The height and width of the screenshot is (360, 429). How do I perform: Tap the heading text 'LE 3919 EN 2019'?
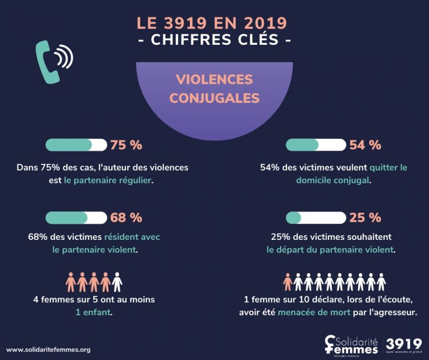point(212,23)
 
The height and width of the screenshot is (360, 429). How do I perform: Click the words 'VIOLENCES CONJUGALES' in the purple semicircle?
point(214,88)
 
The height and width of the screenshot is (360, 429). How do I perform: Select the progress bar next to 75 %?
point(76,145)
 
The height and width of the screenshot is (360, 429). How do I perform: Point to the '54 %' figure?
point(365,145)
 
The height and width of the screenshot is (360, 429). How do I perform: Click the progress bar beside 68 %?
point(76,217)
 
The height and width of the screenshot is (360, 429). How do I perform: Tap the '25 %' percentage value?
point(365,217)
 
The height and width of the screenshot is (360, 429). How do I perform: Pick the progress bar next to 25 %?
point(316,217)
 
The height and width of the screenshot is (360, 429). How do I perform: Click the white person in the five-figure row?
point(117,282)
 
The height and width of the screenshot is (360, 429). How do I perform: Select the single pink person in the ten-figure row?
point(288,282)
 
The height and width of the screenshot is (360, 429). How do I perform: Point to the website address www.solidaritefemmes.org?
point(48,350)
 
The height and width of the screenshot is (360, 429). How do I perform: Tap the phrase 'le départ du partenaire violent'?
point(330,249)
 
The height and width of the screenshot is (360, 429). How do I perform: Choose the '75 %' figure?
point(126,145)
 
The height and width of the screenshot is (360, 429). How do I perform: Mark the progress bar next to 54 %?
point(316,145)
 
